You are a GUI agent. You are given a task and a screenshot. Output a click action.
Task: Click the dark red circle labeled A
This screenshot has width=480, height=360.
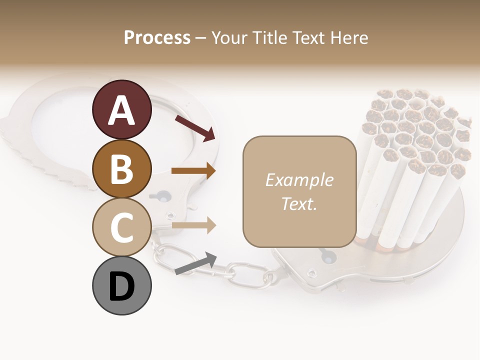coord(121,109)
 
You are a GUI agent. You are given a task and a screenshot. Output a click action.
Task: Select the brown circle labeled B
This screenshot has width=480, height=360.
coord(121,168)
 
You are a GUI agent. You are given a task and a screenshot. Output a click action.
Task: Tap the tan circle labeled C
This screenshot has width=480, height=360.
coord(121,227)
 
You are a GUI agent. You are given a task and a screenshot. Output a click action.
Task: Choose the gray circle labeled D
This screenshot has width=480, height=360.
coord(121,286)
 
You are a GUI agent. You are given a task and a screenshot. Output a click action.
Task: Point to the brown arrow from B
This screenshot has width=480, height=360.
coord(193,171)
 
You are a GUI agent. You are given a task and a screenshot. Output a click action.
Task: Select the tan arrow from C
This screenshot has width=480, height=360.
coord(193,225)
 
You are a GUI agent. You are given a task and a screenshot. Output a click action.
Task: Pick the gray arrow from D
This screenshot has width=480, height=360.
coord(195,263)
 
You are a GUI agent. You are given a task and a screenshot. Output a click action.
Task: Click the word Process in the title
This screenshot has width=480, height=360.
coord(157,37)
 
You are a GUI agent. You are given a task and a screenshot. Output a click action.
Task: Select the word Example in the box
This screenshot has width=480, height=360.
coord(299,180)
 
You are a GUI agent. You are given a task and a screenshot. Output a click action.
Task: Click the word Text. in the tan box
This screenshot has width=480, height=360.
coord(299,203)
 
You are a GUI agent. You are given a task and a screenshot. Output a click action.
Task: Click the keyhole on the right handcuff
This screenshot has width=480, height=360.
coord(327,257)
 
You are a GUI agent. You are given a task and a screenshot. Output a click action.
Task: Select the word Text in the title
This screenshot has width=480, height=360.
coord(308,37)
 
